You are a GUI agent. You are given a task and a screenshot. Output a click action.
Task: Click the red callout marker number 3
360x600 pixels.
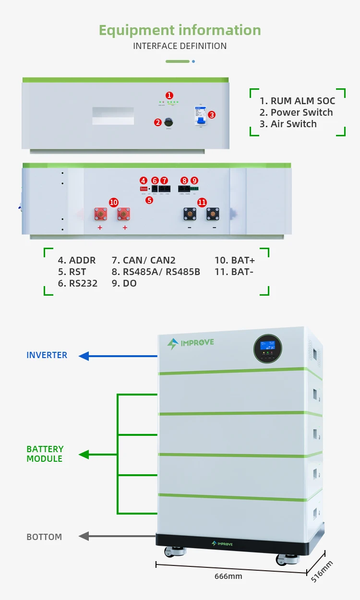tap(212, 115)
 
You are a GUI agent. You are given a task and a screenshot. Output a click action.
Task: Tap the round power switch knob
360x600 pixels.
tap(169, 122)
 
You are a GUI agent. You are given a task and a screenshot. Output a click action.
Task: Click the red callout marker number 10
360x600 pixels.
tap(113, 203)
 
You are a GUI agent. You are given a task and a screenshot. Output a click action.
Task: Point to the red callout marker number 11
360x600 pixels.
tap(202, 203)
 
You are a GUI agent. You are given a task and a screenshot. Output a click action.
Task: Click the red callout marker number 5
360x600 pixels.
tap(149, 200)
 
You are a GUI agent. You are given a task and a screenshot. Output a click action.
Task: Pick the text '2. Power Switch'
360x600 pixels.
tap(296, 112)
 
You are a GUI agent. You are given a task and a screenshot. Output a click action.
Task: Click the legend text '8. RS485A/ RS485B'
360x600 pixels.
tap(156, 272)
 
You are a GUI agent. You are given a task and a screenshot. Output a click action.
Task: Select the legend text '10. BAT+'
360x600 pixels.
tap(235, 260)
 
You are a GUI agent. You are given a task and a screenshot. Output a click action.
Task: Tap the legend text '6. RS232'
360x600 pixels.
tap(77, 283)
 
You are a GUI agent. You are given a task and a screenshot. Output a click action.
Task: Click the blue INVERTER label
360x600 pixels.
tap(47, 355)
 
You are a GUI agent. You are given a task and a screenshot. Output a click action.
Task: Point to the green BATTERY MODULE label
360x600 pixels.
tap(45, 454)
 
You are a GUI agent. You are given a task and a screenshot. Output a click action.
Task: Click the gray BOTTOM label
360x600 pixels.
tap(44, 537)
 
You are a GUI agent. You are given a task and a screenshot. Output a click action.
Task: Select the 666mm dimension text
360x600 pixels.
tap(228, 576)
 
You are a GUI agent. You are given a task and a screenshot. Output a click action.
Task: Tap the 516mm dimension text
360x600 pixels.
tap(322, 571)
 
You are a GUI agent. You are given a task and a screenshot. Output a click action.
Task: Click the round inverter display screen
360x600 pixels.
tap(267, 347)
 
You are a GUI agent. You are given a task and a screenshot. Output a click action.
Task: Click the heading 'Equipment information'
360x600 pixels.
tap(180, 30)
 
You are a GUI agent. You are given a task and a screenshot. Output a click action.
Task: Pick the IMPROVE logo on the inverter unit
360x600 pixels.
tap(191, 343)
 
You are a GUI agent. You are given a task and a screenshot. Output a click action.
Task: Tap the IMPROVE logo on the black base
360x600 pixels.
tap(228, 543)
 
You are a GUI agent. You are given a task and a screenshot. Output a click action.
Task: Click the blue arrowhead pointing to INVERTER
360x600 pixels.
tap(84, 356)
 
